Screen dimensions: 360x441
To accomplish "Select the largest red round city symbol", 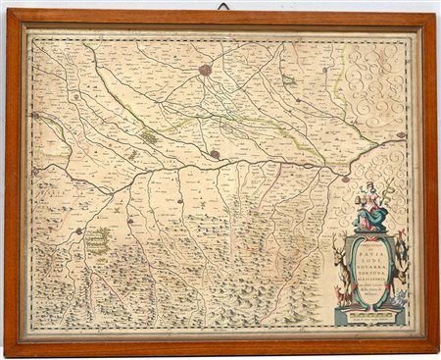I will (206, 70).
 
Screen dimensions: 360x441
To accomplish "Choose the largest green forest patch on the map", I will (99, 239).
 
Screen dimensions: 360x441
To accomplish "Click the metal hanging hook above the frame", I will (222, 6).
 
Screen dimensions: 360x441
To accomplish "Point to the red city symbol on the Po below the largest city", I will (215, 154).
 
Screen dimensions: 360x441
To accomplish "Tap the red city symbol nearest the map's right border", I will (402, 135).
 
